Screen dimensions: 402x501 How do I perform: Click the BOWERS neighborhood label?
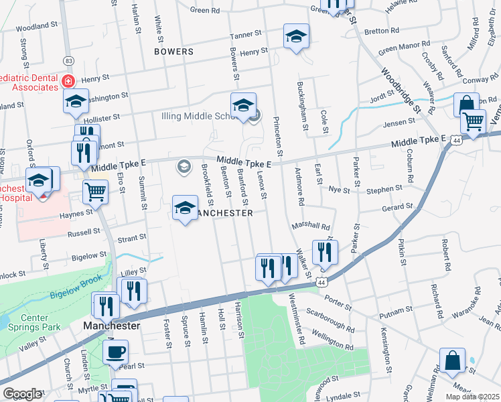(173, 51)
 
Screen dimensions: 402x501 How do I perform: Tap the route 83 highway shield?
(69, 60)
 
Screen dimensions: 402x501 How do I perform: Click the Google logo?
(22, 394)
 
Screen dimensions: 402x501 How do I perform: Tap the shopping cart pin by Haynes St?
(95, 192)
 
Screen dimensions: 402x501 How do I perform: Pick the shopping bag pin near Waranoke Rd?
(453, 360)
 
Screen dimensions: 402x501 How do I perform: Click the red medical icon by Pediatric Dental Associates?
(68, 81)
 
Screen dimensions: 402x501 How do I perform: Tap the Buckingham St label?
(302, 105)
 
